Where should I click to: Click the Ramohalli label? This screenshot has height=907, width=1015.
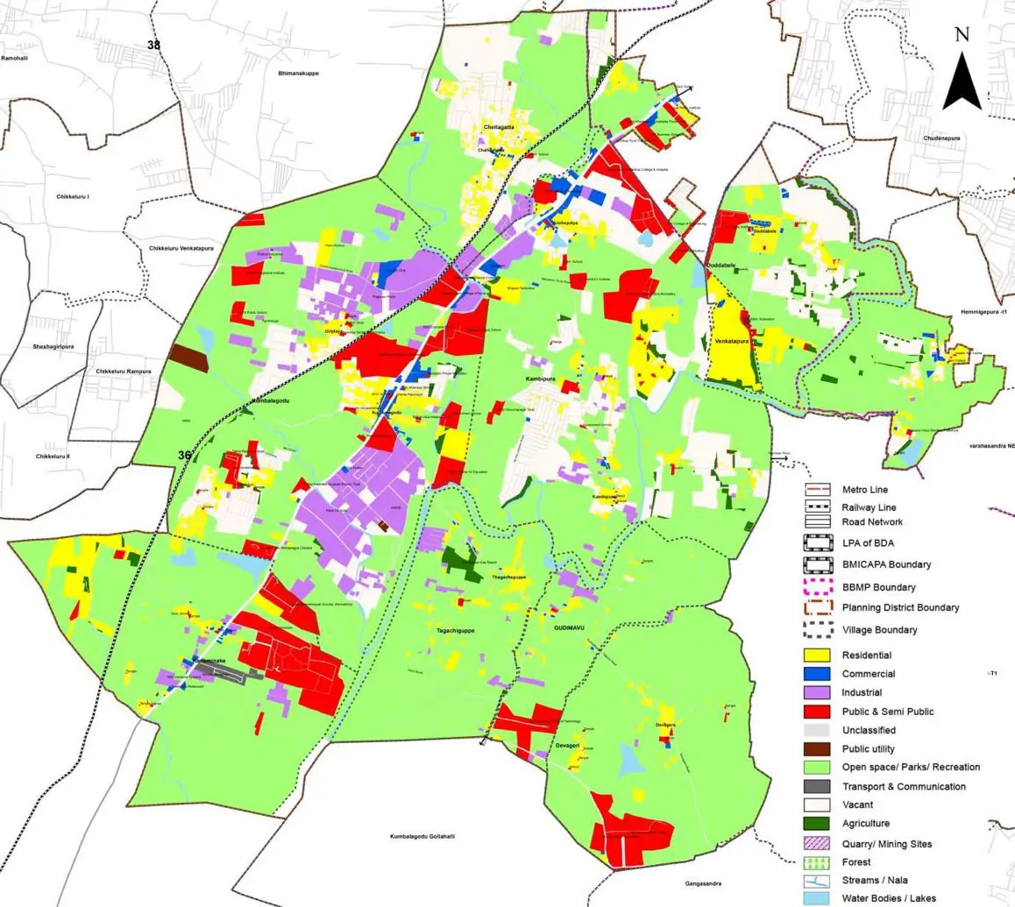click(x=15, y=58)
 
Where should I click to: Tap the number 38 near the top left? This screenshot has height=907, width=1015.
click(x=154, y=44)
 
